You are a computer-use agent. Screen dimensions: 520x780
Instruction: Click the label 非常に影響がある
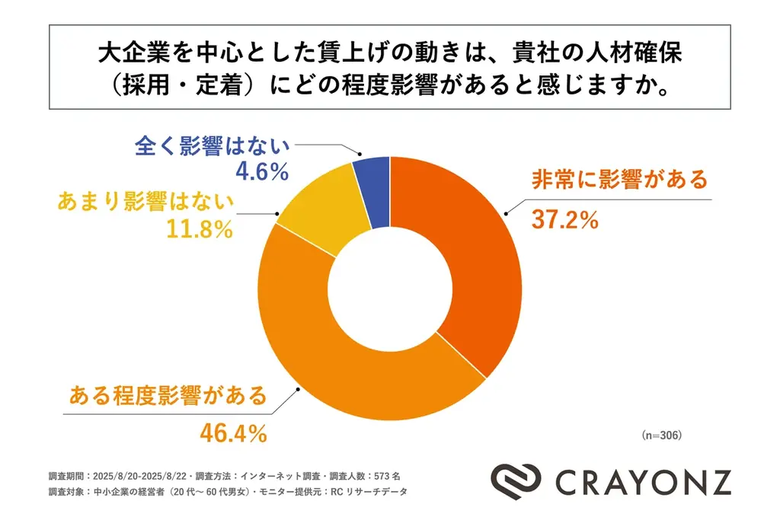[619, 180]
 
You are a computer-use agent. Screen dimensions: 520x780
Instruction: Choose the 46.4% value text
[233, 433]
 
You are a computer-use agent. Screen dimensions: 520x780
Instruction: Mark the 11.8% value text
[199, 229]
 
